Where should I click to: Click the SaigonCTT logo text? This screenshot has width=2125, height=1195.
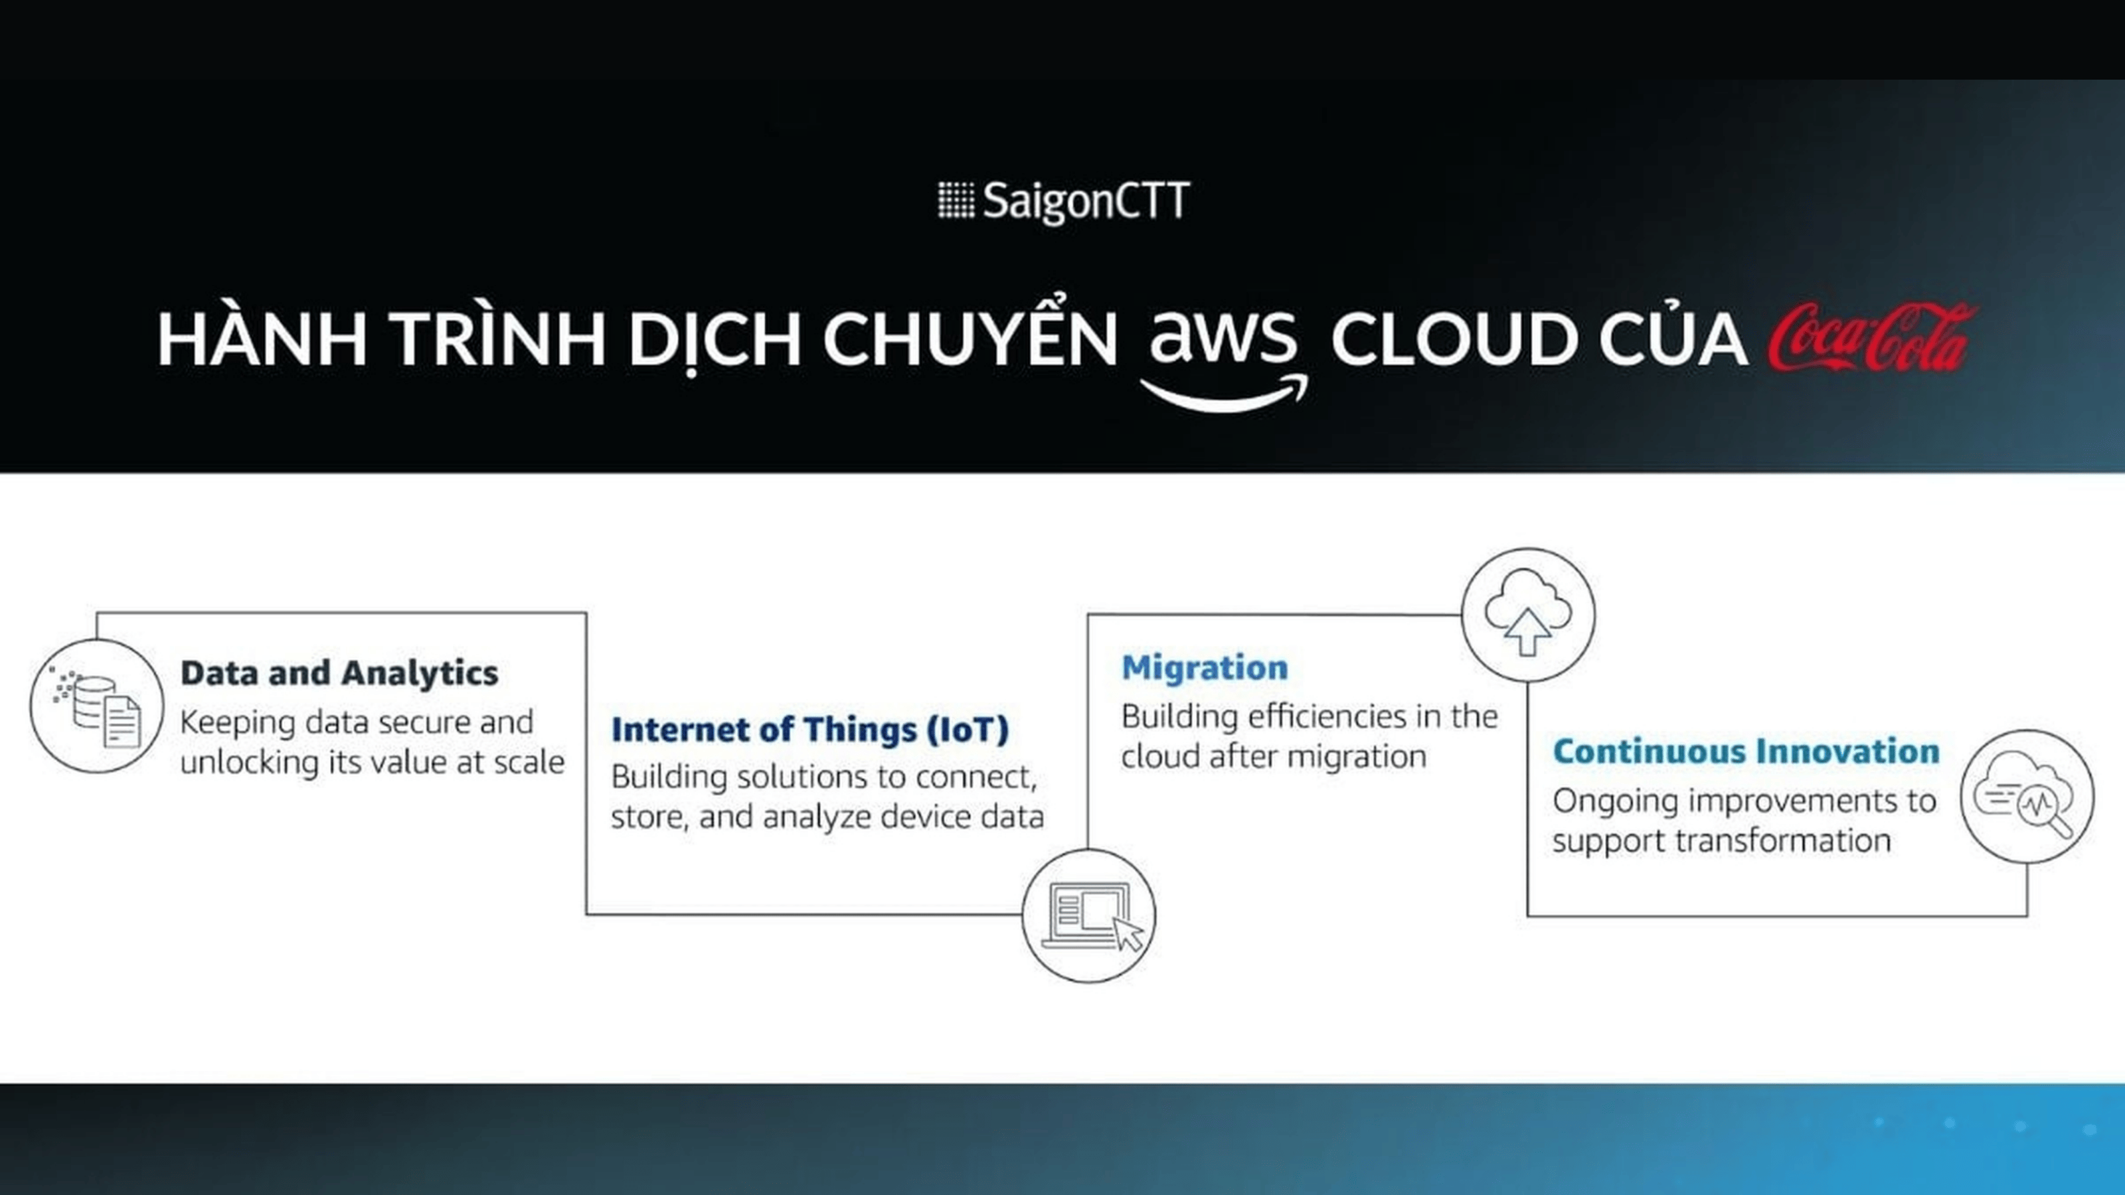[x=1086, y=201]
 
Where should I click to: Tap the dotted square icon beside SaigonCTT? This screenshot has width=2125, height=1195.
[x=956, y=200]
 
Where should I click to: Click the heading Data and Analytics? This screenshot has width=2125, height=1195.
[x=339, y=673]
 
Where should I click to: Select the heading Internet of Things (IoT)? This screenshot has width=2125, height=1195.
[x=810, y=730]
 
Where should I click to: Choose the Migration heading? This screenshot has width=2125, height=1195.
[x=1205, y=667]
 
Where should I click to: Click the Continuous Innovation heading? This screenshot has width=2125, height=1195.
[x=1746, y=752]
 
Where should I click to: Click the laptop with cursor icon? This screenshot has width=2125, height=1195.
[x=1089, y=916]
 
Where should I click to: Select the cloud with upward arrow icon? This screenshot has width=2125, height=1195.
[x=1528, y=614]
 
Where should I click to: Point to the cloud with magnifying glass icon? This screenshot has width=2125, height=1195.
[x=2027, y=796]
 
